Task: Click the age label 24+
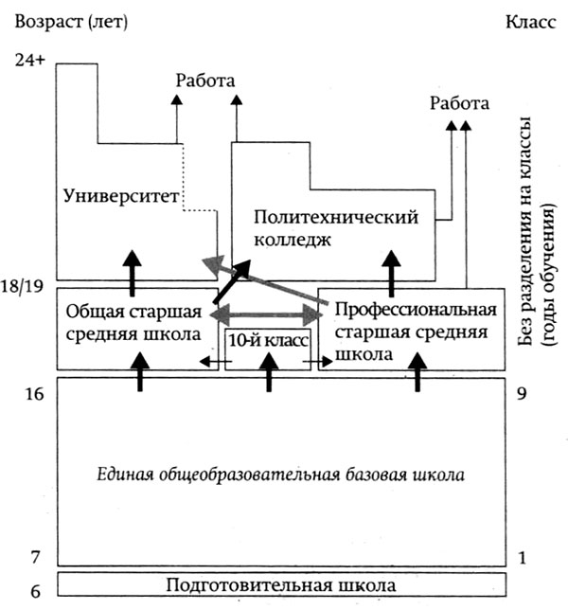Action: [x=30, y=61]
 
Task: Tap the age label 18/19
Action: [x=22, y=287]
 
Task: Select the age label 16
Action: [x=34, y=394]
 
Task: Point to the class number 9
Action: [x=522, y=394]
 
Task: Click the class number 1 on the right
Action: [x=523, y=558]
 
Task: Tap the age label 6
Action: [x=35, y=591]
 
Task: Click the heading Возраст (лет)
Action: [x=71, y=22]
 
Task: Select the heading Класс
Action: [x=531, y=22]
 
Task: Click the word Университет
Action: [x=121, y=196]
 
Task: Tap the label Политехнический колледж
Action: [x=336, y=227]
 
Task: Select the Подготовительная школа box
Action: [x=282, y=584]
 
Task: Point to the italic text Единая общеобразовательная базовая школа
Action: [x=281, y=475]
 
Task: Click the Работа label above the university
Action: [x=205, y=81]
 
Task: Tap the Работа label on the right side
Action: [x=459, y=103]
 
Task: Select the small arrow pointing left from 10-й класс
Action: [x=216, y=362]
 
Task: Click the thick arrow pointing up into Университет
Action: [x=133, y=273]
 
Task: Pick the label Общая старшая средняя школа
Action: [x=133, y=322]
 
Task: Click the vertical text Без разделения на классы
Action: [x=525, y=231]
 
